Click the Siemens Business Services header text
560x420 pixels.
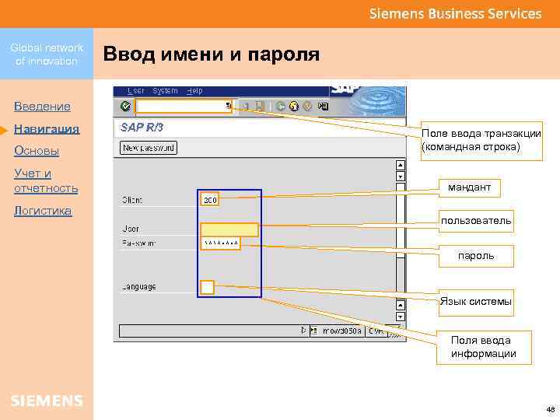455,13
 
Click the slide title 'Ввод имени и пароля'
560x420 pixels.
212,54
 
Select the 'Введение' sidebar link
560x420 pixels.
42,106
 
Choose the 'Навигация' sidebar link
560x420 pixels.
47,128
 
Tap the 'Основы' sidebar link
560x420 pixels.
37,150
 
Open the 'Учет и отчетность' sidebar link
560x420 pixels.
46,180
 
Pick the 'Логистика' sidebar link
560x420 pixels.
43,211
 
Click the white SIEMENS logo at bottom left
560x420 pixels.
47,401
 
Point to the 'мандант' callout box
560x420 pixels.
469,188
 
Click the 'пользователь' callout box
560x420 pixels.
476,222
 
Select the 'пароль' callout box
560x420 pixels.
476,255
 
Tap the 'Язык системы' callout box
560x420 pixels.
476,301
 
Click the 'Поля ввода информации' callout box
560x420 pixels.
483,347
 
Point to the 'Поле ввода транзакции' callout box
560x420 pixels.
481,140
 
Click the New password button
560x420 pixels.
148,147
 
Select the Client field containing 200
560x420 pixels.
210,200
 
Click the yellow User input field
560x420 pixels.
229,229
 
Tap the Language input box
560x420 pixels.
208,287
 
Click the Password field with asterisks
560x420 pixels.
221,243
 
